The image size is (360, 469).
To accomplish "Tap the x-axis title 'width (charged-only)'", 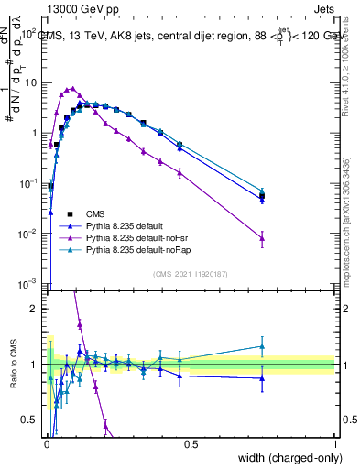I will (x=283, y=457).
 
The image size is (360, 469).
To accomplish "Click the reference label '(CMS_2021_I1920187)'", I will (x=191, y=273).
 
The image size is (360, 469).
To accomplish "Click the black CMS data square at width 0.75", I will (x=263, y=196).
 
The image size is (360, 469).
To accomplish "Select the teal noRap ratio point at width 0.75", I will (x=263, y=346).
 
